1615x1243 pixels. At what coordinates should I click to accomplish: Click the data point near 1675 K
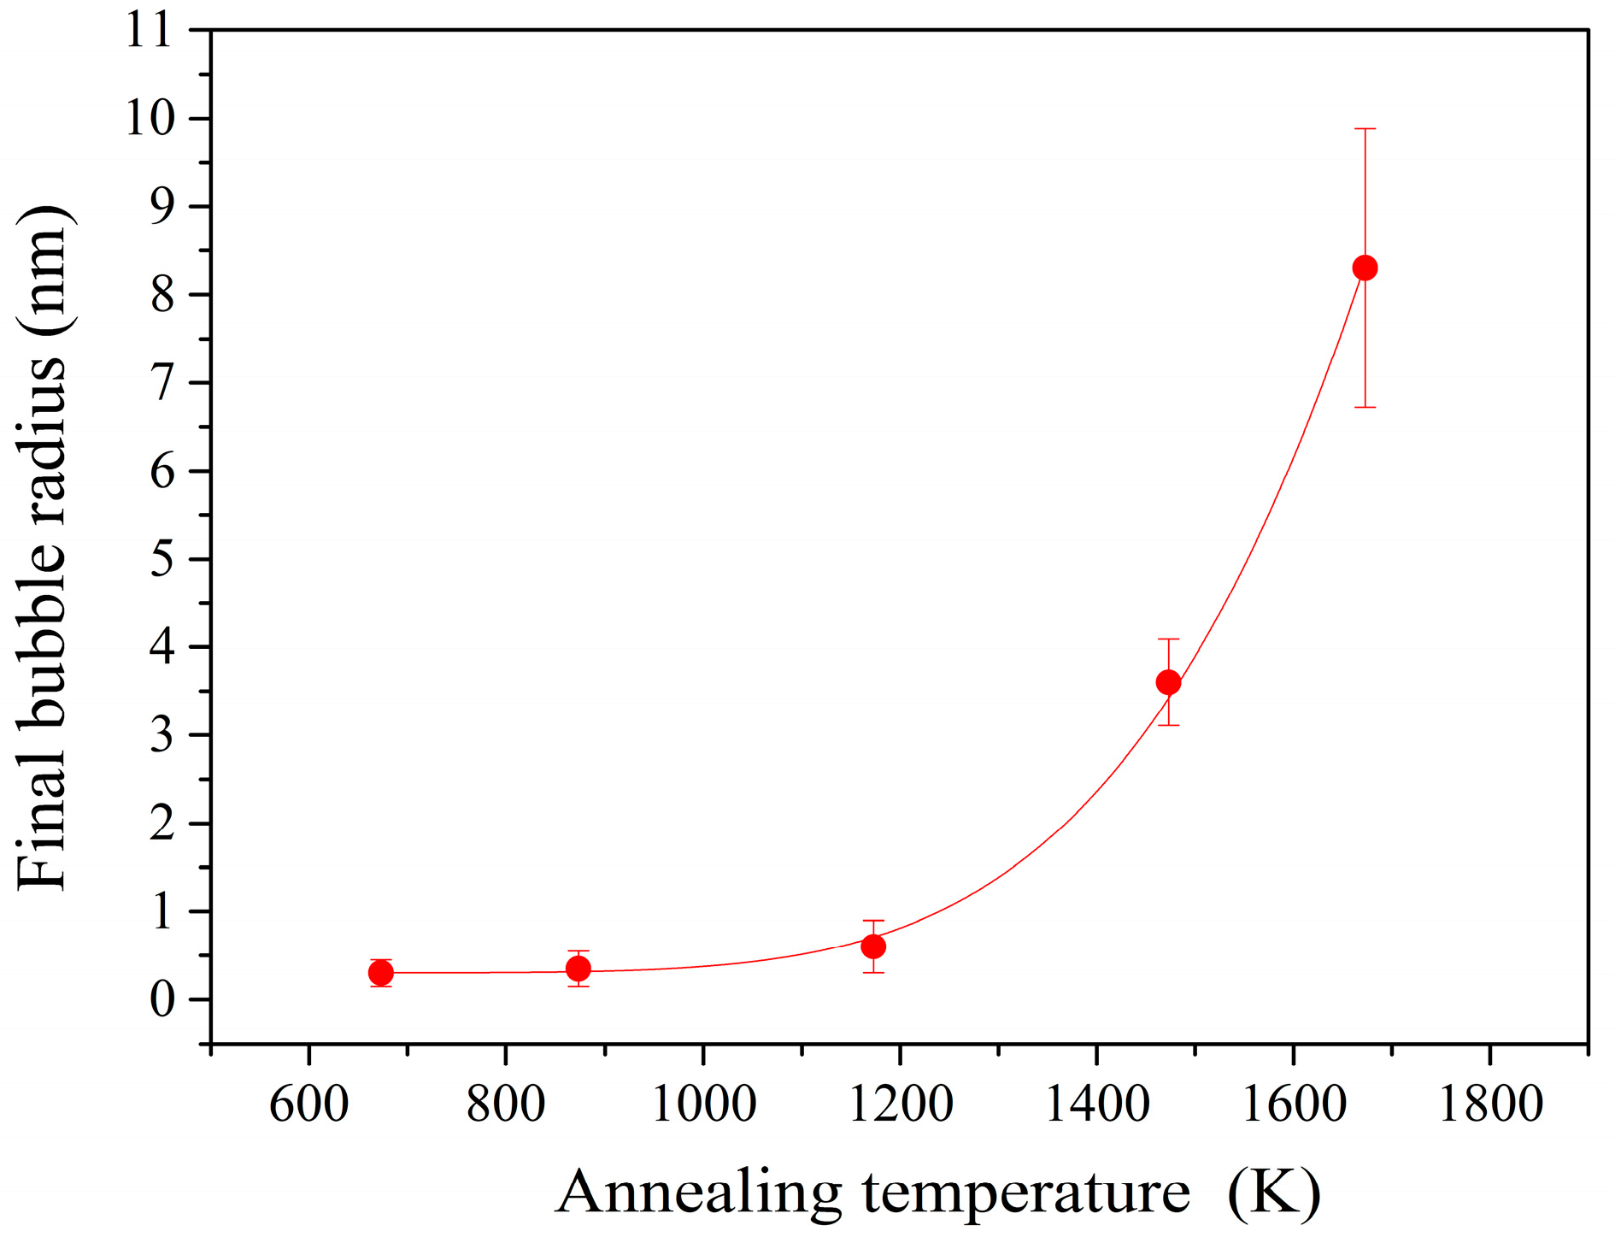pyautogui.click(x=1365, y=268)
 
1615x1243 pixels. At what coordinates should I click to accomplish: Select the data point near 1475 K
pyautogui.click(x=1168, y=682)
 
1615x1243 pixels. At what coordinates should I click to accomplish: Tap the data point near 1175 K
pyautogui.click(x=873, y=946)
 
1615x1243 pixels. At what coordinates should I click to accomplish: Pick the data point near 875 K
pyautogui.click(x=578, y=969)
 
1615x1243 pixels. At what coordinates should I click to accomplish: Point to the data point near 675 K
pyautogui.click(x=381, y=973)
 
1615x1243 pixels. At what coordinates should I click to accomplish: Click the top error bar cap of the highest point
pyautogui.click(x=1365, y=129)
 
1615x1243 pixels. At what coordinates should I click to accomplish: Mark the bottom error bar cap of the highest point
pyautogui.click(x=1365, y=407)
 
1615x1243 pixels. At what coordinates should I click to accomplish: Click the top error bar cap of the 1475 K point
pyautogui.click(x=1168, y=639)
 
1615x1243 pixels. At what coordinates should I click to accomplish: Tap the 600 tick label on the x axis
pyautogui.click(x=308, y=1104)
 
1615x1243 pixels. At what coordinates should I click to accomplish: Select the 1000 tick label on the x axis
pyautogui.click(x=703, y=1104)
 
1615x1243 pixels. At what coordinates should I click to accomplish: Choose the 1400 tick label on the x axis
pyautogui.click(x=1097, y=1104)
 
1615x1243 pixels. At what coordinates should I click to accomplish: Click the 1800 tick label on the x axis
pyautogui.click(x=1491, y=1104)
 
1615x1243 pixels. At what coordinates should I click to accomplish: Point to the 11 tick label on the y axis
pyautogui.click(x=149, y=31)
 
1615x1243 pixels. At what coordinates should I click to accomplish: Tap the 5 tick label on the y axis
pyautogui.click(x=162, y=559)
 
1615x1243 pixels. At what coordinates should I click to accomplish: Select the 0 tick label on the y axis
pyautogui.click(x=162, y=999)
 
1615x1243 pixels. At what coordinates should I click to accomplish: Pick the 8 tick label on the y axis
pyautogui.click(x=162, y=295)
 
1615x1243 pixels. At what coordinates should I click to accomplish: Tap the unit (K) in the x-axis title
pyautogui.click(x=1274, y=1193)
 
